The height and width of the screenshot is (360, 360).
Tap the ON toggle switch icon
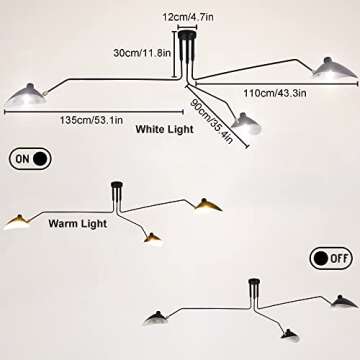(x=31, y=158)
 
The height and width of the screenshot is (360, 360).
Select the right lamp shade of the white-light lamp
(x=335, y=67)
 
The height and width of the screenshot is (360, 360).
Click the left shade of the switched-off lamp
(x=165, y=317)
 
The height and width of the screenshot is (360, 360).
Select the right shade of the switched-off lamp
(x=343, y=301)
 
